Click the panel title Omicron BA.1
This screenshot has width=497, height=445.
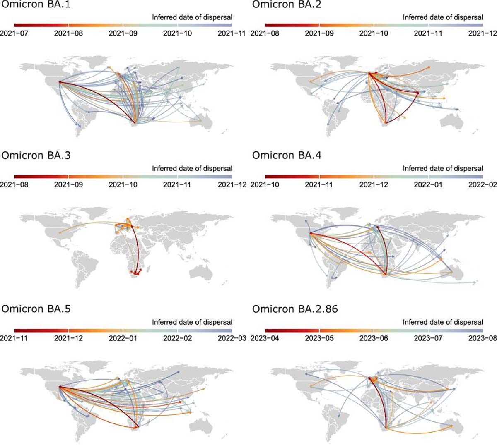(36, 4)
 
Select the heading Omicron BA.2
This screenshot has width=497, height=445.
(287, 4)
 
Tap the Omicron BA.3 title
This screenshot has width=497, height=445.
(36, 156)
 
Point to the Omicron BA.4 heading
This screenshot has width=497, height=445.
(287, 156)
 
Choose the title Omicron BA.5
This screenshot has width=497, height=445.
(36, 309)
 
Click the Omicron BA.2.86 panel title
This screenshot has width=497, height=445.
(295, 309)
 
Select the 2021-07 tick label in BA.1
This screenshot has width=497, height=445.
(14, 33)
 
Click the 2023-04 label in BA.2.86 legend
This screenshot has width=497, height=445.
(265, 338)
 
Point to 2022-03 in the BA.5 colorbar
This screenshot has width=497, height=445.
(232, 338)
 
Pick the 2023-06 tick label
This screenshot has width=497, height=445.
(374, 338)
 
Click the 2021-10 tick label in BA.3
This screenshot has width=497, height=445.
(123, 184)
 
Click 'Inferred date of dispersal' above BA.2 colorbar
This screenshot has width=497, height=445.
(443, 17)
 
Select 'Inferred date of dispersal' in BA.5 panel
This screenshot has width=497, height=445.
(192, 322)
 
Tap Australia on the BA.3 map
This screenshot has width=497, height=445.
(201, 273)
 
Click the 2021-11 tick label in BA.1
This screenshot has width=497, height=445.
(232, 33)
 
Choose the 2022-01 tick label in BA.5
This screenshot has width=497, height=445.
(123, 338)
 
